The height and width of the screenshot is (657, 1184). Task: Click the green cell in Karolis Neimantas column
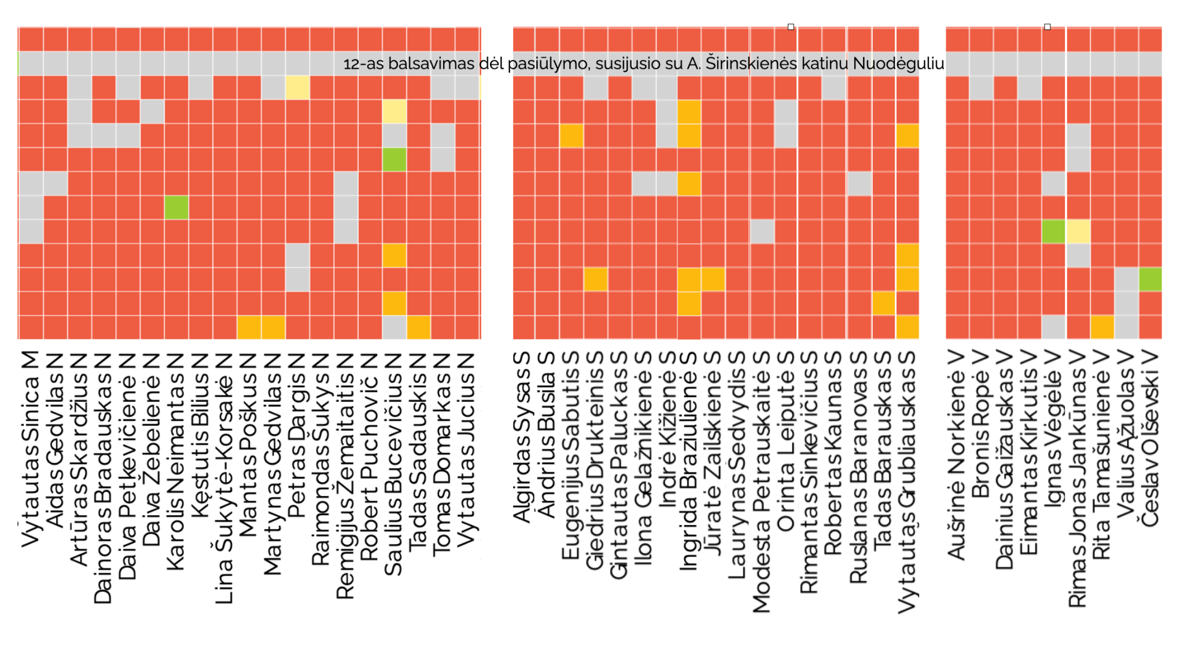(176, 207)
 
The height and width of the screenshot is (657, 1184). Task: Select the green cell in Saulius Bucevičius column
(394, 160)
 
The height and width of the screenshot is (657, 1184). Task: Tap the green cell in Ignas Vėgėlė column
(1053, 232)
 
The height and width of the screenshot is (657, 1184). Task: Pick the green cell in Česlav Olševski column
(1150, 279)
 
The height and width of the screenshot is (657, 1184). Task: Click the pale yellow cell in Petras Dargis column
(297, 88)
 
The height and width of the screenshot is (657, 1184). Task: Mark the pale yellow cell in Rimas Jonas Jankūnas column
(1078, 232)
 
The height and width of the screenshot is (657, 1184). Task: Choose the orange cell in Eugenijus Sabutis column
(571, 136)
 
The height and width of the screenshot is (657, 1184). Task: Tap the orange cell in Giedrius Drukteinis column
(595, 279)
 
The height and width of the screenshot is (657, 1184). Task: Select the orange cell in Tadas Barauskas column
(884, 303)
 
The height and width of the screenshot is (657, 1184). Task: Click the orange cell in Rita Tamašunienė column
(1102, 327)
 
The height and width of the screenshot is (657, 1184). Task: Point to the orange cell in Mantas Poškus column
(249, 327)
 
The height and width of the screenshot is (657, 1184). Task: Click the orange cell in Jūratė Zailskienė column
(713, 279)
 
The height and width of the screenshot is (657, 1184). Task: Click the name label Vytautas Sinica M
(30, 449)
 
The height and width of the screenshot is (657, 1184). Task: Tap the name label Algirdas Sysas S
(522, 437)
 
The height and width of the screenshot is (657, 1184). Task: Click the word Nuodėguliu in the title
(898, 64)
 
